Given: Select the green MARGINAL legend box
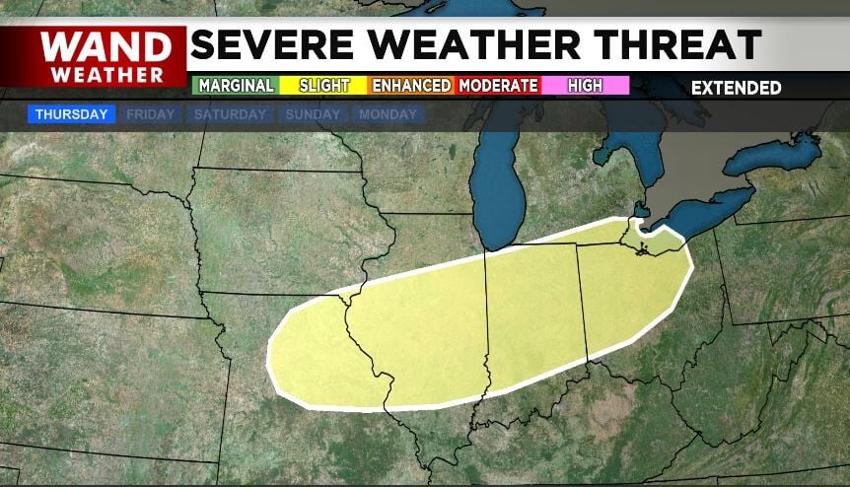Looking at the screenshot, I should pos(235,86).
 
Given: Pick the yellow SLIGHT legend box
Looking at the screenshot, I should pos(323,86).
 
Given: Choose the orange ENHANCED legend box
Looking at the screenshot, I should pos(411,86).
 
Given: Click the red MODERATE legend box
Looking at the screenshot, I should pos(498,86).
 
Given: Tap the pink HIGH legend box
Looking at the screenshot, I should pos(585,86).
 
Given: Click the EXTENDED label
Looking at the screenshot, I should pos(736,88).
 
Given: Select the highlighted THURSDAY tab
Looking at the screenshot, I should pos(71,114).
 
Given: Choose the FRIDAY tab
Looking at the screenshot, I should pos(150,114).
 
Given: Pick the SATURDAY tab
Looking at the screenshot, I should pos(230,114).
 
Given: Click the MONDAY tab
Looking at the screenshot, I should pos(388,114).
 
